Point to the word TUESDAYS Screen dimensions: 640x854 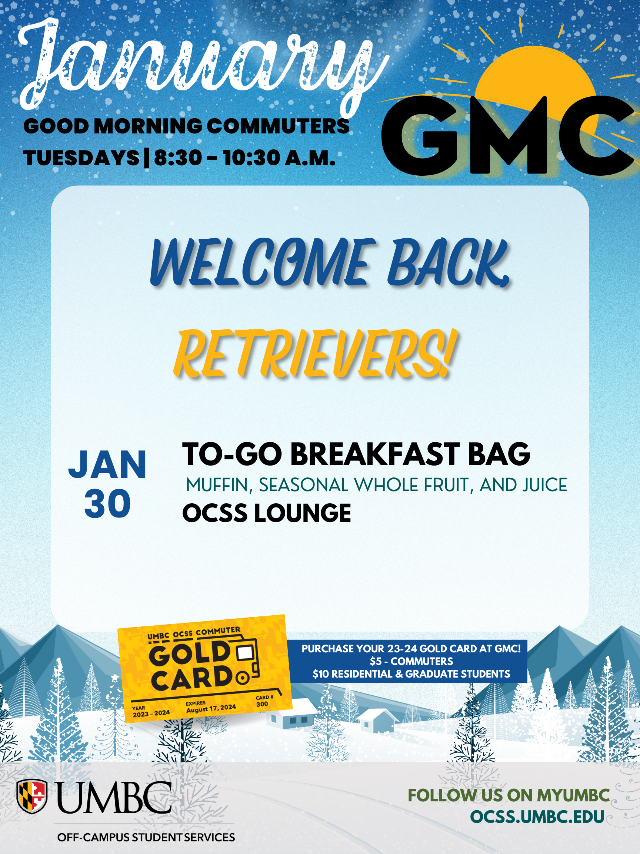[81, 158]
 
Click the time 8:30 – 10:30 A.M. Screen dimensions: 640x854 [244, 158]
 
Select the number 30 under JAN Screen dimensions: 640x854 [108, 503]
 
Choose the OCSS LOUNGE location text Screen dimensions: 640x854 [267, 513]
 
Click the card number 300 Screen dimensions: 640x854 [262, 704]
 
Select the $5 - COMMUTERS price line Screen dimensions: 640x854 [411, 661]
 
